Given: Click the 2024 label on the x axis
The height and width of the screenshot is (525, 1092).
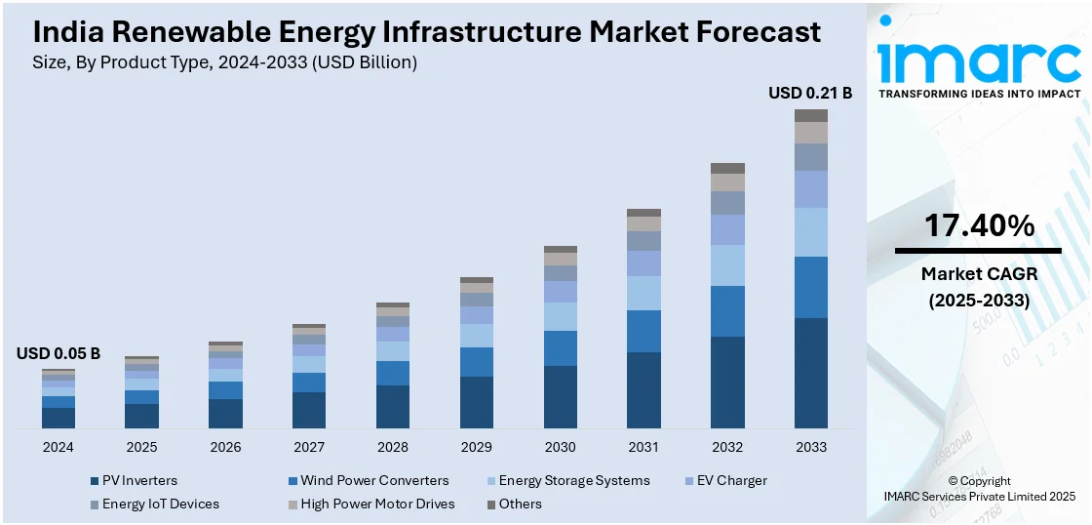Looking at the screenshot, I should [58, 447].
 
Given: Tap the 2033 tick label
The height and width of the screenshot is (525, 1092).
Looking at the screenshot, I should [810, 447].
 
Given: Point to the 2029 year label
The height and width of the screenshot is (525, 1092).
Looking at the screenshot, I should [476, 447].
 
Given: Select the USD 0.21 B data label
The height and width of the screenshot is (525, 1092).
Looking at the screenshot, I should [810, 94].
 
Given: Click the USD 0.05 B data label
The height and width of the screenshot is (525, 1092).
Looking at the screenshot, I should [58, 353].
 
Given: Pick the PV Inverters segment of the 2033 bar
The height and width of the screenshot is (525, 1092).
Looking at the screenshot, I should [810, 373].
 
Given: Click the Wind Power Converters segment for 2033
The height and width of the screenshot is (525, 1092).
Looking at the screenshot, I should [810, 287].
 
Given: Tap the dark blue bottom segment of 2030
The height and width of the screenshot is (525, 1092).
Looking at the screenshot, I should [560, 396].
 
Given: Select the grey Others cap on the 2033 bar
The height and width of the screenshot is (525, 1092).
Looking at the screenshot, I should [810, 115].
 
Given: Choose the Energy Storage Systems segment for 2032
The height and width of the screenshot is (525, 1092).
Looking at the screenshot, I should [727, 265].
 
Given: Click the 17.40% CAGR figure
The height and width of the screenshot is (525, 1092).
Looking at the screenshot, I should [978, 226].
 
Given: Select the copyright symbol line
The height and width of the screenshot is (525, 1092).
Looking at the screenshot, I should [979, 481].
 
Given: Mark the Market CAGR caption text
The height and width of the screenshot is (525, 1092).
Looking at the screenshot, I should [979, 274].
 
